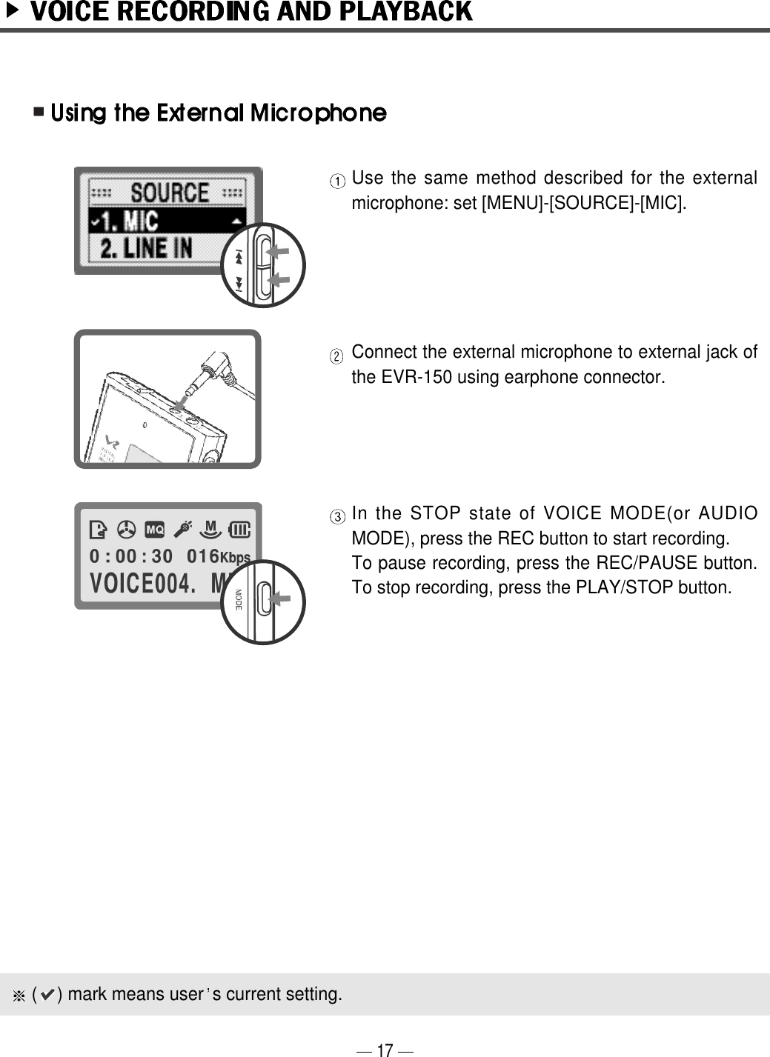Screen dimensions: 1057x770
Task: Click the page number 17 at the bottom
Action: [x=384, y=1050]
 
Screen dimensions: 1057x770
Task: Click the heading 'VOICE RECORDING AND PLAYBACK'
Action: [x=250, y=12]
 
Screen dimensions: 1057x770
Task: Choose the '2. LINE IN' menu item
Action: [x=146, y=248]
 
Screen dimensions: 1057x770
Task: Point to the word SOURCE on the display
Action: [x=170, y=193]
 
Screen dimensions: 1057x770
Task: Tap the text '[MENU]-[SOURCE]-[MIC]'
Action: [x=583, y=203]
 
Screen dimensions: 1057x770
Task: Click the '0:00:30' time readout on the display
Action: [x=131, y=556]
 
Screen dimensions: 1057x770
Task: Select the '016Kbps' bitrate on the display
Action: [x=218, y=556]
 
